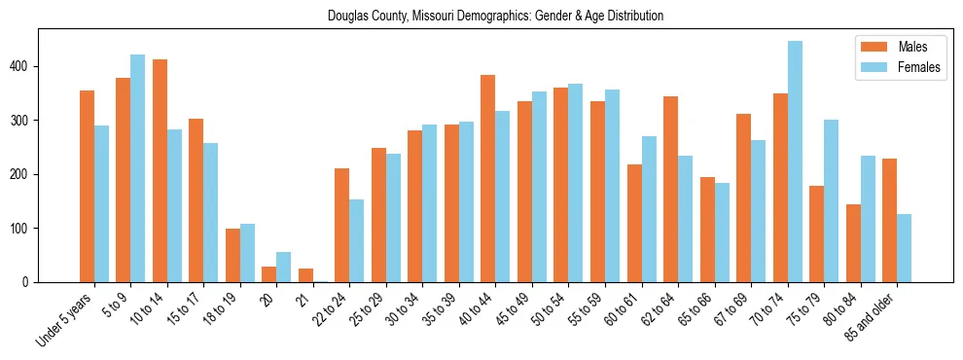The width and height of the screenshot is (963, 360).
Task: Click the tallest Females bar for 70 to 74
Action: (795, 162)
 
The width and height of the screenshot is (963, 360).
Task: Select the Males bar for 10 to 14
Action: (160, 170)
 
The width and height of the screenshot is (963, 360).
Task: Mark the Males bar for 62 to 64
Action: (670, 189)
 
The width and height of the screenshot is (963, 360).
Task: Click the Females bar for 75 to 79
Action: (831, 200)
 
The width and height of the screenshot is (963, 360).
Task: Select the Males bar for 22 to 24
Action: (342, 225)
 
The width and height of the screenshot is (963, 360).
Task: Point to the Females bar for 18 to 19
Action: (247, 253)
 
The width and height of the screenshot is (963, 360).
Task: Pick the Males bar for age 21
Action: (305, 275)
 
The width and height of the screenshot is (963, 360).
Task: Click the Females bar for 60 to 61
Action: (649, 209)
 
